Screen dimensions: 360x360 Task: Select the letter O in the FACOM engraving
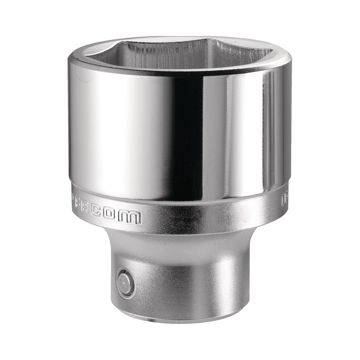[x=117, y=216]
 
